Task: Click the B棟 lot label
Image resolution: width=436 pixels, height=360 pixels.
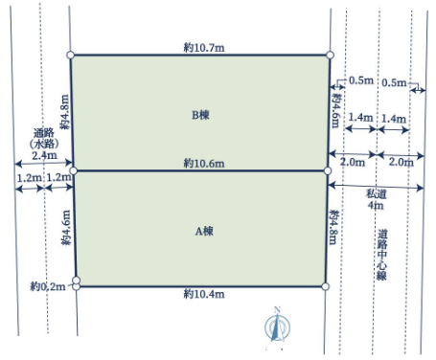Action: (x=200, y=115)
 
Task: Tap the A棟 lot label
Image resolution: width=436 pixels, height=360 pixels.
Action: (x=204, y=231)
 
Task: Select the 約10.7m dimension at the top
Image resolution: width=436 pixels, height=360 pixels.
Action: (x=204, y=48)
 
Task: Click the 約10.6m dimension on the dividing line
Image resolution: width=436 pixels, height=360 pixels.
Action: (x=204, y=164)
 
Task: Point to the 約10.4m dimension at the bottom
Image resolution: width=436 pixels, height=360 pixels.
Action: (x=204, y=294)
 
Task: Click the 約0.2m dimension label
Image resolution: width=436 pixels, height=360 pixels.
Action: (x=48, y=286)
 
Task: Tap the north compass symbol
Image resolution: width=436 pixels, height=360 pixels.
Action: (x=277, y=326)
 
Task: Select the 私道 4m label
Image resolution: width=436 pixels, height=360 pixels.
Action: (x=376, y=199)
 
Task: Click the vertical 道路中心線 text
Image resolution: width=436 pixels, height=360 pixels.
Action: (x=382, y=255)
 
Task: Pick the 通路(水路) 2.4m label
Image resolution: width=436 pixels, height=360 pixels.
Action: (x=44, y=144)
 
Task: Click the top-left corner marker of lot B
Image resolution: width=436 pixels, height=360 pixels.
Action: (x=71, y=55)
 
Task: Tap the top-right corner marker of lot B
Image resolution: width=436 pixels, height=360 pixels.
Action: (x=331, y=55)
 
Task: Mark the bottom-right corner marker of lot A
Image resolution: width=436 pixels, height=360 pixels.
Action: (x=325, y=286)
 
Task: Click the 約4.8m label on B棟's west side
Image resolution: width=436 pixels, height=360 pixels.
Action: (x=64, y=112)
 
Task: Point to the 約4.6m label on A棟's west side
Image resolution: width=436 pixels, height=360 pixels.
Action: (x=66, y=227)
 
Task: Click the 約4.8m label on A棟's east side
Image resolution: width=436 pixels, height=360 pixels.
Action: (x=334, y=227)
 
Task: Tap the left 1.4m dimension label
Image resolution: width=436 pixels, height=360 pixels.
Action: (x=360, y=118)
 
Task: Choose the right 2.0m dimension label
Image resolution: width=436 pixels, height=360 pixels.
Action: (x=402, y=162)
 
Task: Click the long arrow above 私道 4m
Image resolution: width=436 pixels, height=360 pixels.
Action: (x=376, y=186)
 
